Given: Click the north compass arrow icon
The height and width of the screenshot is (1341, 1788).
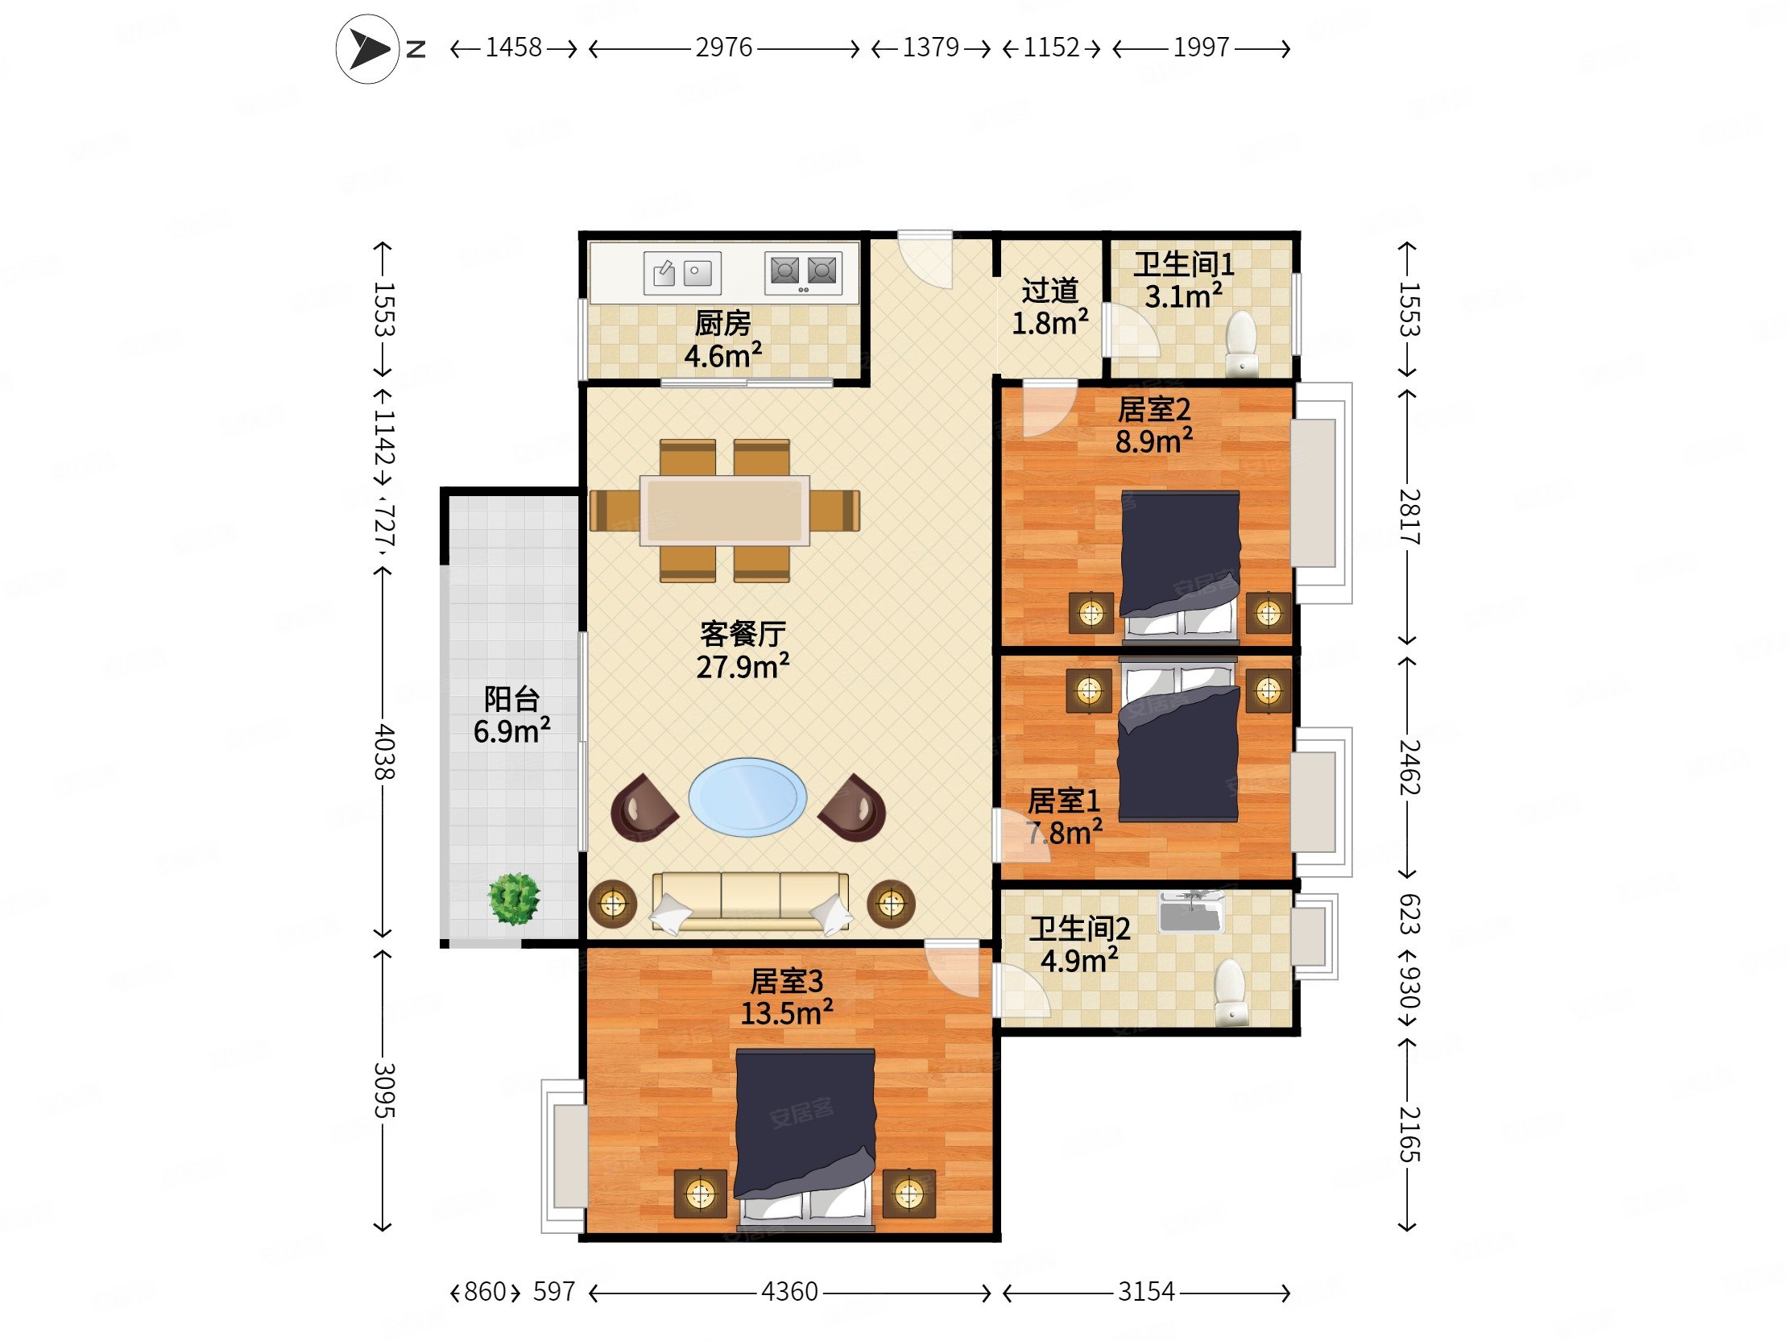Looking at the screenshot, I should pyautogui.click(x=368, y=50).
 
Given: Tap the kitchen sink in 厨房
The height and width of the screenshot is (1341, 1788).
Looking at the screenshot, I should pyautogui.click(x=682, y=271).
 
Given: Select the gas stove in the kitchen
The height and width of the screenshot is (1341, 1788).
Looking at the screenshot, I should pyautogui.click(x=803, y=271).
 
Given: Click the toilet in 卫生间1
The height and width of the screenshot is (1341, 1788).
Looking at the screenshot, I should pyautogui.click(x=1241, y=343).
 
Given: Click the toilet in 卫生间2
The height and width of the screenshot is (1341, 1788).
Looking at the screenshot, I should pyautogui.click(x=1230, y=991).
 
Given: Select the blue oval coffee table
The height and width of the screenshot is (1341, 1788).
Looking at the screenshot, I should pyautogui.click(x=747, y=797).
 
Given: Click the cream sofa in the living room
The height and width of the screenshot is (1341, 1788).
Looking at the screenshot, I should pyautogui.click(x=750, y=902).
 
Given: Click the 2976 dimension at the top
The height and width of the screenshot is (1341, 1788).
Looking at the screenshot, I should pyautogui.click(x=723, y=48).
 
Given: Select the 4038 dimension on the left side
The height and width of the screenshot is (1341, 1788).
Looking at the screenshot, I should pyautogui.click(x=383, y=751).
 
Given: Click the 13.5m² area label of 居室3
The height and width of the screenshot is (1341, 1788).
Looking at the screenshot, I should pyautogui.click(x=787, y=1013).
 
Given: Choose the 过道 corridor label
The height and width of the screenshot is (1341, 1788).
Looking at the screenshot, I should pyautogui.click(x=1049, y=290).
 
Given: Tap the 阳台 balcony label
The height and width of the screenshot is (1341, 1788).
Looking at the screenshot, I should pyautogui.click(x=511, y=698).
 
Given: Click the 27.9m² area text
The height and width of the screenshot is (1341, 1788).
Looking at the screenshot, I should pyautogui.click(x=742, y=667).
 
